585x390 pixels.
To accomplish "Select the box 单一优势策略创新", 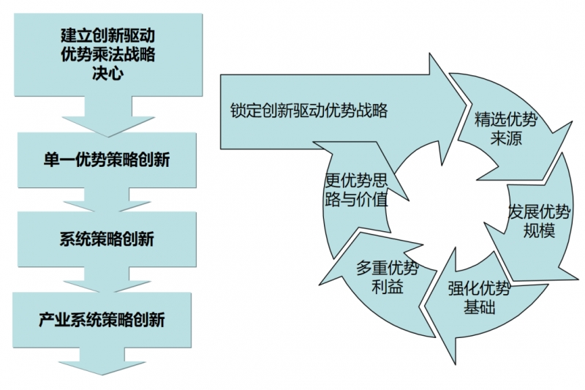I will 107,160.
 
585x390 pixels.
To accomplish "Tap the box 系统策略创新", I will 107,239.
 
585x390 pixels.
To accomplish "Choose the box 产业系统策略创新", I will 107,319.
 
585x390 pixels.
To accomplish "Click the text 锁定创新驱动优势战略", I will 308,110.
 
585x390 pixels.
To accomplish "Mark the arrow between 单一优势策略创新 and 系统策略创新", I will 107,198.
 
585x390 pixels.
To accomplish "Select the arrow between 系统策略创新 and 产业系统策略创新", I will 107,278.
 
